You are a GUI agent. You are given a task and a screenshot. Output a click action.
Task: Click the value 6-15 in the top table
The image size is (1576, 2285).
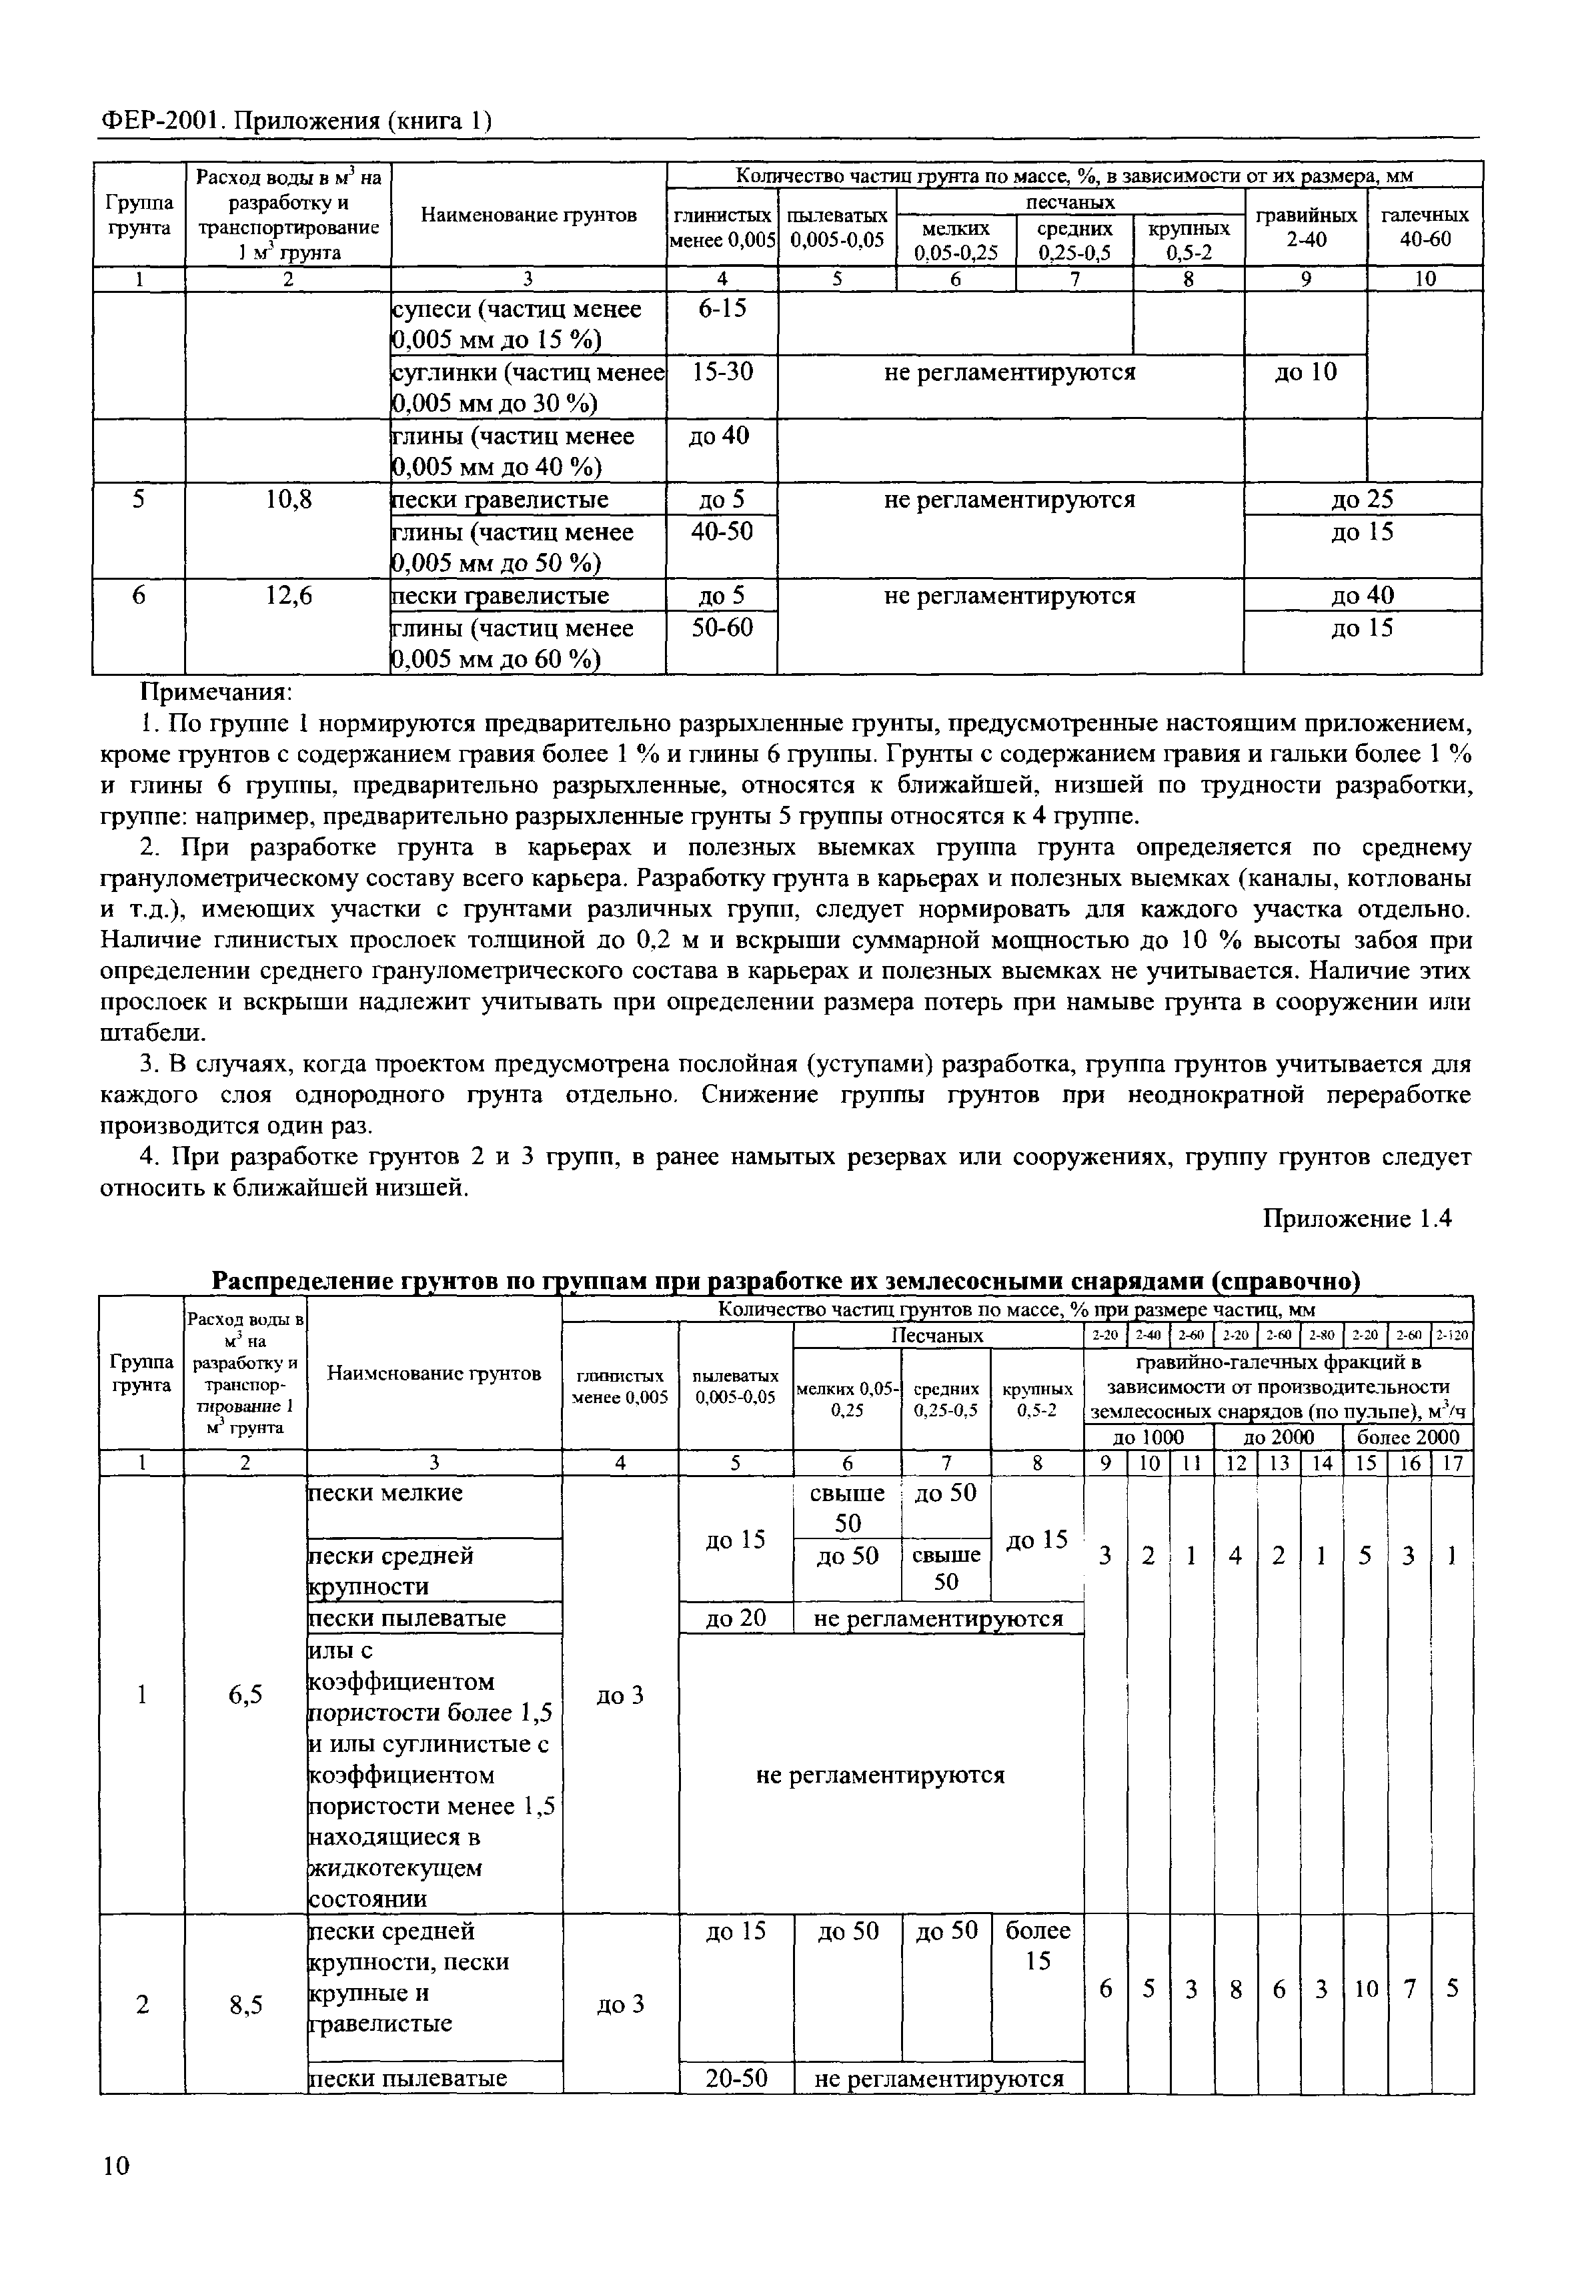tap(722, 309)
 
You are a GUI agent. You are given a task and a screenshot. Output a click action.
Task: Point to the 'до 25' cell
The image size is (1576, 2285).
tap(1362, 500)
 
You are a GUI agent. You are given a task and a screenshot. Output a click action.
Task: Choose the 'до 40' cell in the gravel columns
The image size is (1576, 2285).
tap(1362, 596)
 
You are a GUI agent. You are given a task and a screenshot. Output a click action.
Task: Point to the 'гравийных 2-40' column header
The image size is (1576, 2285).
tap(1305, 226)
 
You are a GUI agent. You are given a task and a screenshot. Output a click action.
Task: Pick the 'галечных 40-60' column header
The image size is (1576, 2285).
tap(1424, 226)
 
